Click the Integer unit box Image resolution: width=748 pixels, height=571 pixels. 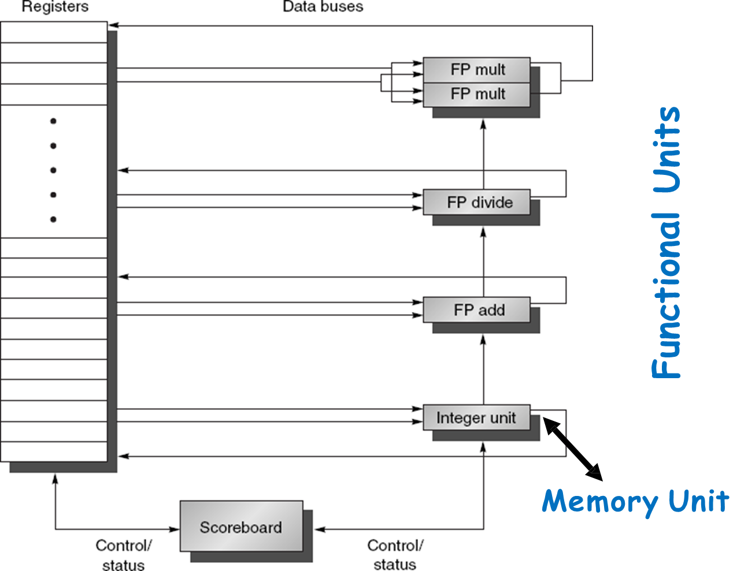[x=476, y=417]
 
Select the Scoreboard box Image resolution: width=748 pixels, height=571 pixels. [x=241, y=527]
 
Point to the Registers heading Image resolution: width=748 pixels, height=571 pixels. [x=55, y=7]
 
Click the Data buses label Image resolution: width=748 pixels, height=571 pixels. [x=323, y=7]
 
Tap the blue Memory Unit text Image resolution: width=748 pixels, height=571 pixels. [x=635, y=501]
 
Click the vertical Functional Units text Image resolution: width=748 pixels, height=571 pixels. [x=666, y=242]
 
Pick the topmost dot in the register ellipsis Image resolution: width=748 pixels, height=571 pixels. [x=53, y=121]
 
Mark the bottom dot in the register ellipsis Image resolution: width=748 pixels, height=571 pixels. [x=53, y=219]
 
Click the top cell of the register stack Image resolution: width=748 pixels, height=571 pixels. [x=54, y=32]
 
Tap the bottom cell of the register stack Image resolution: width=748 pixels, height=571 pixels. [x=54, y=451]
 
